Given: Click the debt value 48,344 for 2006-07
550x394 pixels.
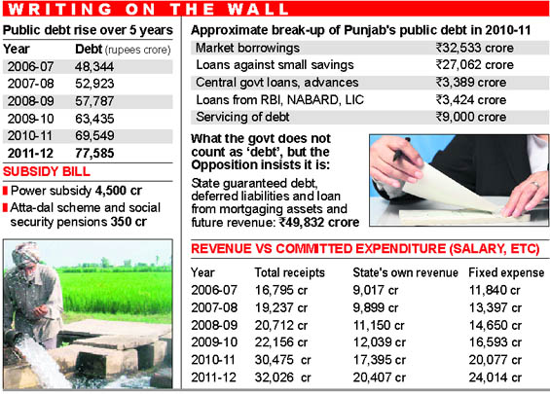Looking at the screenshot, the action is [94, 66].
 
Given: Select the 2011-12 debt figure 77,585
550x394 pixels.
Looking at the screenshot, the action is [94, 153].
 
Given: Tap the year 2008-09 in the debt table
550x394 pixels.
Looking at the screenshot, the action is [31, 101].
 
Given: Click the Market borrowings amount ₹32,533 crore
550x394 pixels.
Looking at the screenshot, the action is [475, 48].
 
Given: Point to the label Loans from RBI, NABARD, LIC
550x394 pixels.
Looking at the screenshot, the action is [280, 100].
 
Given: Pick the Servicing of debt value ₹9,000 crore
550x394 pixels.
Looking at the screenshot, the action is [471, 117].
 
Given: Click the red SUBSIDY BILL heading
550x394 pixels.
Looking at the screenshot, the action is [47, 171].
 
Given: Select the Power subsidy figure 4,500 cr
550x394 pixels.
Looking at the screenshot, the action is [119, 191].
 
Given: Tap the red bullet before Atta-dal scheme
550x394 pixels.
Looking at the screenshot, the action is [5, 208].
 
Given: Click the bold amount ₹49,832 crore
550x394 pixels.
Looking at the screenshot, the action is [319, 222].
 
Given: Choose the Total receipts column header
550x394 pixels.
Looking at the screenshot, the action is [290, 272].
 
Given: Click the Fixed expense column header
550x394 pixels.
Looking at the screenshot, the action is [506, 272].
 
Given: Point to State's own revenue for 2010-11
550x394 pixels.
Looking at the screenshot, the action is [380, 360].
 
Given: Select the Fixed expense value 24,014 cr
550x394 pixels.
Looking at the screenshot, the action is [495, 377].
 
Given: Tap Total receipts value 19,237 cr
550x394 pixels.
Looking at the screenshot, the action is [281, 307].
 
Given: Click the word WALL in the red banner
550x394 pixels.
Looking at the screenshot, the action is [258, 9].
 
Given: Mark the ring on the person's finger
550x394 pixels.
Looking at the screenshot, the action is [534, 185].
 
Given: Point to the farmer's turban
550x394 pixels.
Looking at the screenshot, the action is [25, 253].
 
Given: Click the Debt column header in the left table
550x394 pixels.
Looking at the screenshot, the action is [89, 49].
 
